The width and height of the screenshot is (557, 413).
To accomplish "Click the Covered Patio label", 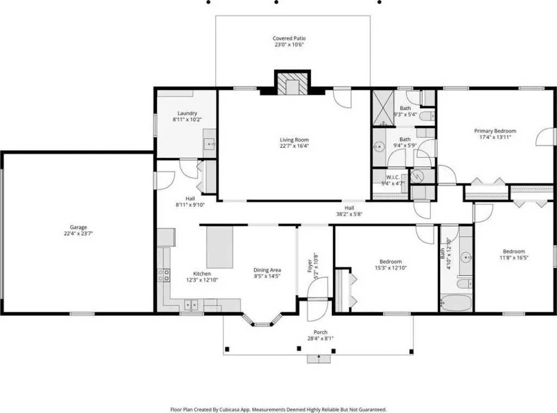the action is coord(289,39).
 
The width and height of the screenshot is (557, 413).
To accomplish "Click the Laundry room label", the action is coord(187,113).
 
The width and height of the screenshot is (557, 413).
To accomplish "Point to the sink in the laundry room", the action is coord(209,144).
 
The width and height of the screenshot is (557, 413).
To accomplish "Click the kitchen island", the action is coord(220,247).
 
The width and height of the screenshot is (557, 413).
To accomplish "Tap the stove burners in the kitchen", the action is coord(163,275).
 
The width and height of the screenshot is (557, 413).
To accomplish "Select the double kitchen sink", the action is coord(191,305).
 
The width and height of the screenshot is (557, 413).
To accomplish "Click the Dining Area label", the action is coord(267,270).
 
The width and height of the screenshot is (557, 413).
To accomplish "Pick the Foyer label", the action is coord(310,266).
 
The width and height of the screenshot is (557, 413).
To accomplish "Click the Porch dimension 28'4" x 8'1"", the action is coord(320,338).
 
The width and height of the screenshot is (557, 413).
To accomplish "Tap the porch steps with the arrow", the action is coord(319,359).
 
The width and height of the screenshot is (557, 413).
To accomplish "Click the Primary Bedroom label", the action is coord(495,131).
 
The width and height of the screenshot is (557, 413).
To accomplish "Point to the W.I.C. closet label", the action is coord(393,177).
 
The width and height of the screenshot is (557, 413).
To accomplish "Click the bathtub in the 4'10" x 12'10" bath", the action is coord(456,303).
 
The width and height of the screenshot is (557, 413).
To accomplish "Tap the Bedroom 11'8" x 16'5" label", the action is coord(513,251).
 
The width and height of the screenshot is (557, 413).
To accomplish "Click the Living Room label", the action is coord(294,140).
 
